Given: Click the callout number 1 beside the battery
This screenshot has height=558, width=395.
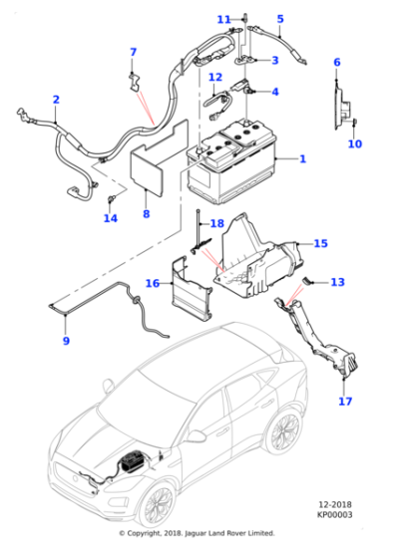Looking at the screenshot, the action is tap(303, 158).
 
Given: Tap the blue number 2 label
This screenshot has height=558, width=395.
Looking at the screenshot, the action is tap(56, 100).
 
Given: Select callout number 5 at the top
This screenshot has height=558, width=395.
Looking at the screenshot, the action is tap(280, 19).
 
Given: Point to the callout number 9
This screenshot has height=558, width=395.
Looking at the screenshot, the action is tap(66, 341).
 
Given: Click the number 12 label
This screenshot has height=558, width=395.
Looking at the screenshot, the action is tap(215, 77).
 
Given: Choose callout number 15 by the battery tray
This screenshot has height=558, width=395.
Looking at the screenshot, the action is tap(320, 243).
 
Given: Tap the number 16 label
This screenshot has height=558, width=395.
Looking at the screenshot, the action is tap(153, 283).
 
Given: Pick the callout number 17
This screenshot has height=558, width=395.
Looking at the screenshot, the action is tap(345, 401).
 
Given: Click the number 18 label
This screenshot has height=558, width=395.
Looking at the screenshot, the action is tap(216, 223).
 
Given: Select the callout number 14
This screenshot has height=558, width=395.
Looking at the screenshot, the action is tap(111, 218).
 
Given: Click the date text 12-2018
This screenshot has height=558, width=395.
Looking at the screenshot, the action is tap(334, 504).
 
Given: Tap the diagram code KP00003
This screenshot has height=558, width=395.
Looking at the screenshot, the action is tap(334, 514).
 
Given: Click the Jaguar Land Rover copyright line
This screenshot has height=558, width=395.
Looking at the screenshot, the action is tap(197, 533).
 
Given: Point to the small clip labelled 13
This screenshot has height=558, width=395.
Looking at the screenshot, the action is tap(307, 281).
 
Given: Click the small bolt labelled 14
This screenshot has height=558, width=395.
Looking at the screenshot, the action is tap(110, 199).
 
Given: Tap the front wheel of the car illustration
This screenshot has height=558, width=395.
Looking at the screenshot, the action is tap(156, 505).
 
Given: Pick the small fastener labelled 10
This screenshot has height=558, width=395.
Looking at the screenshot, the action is tap(355, 123).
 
